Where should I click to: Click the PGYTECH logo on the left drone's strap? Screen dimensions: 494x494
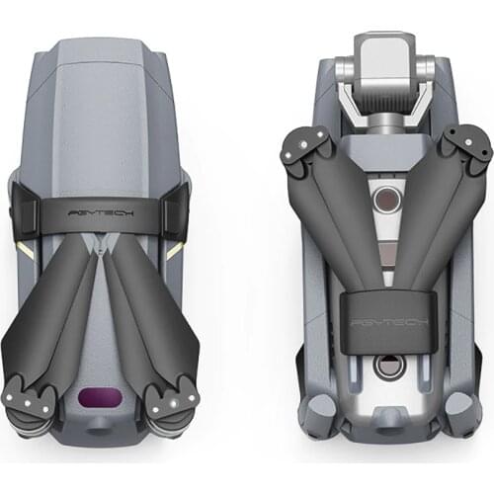pos(108,211)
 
